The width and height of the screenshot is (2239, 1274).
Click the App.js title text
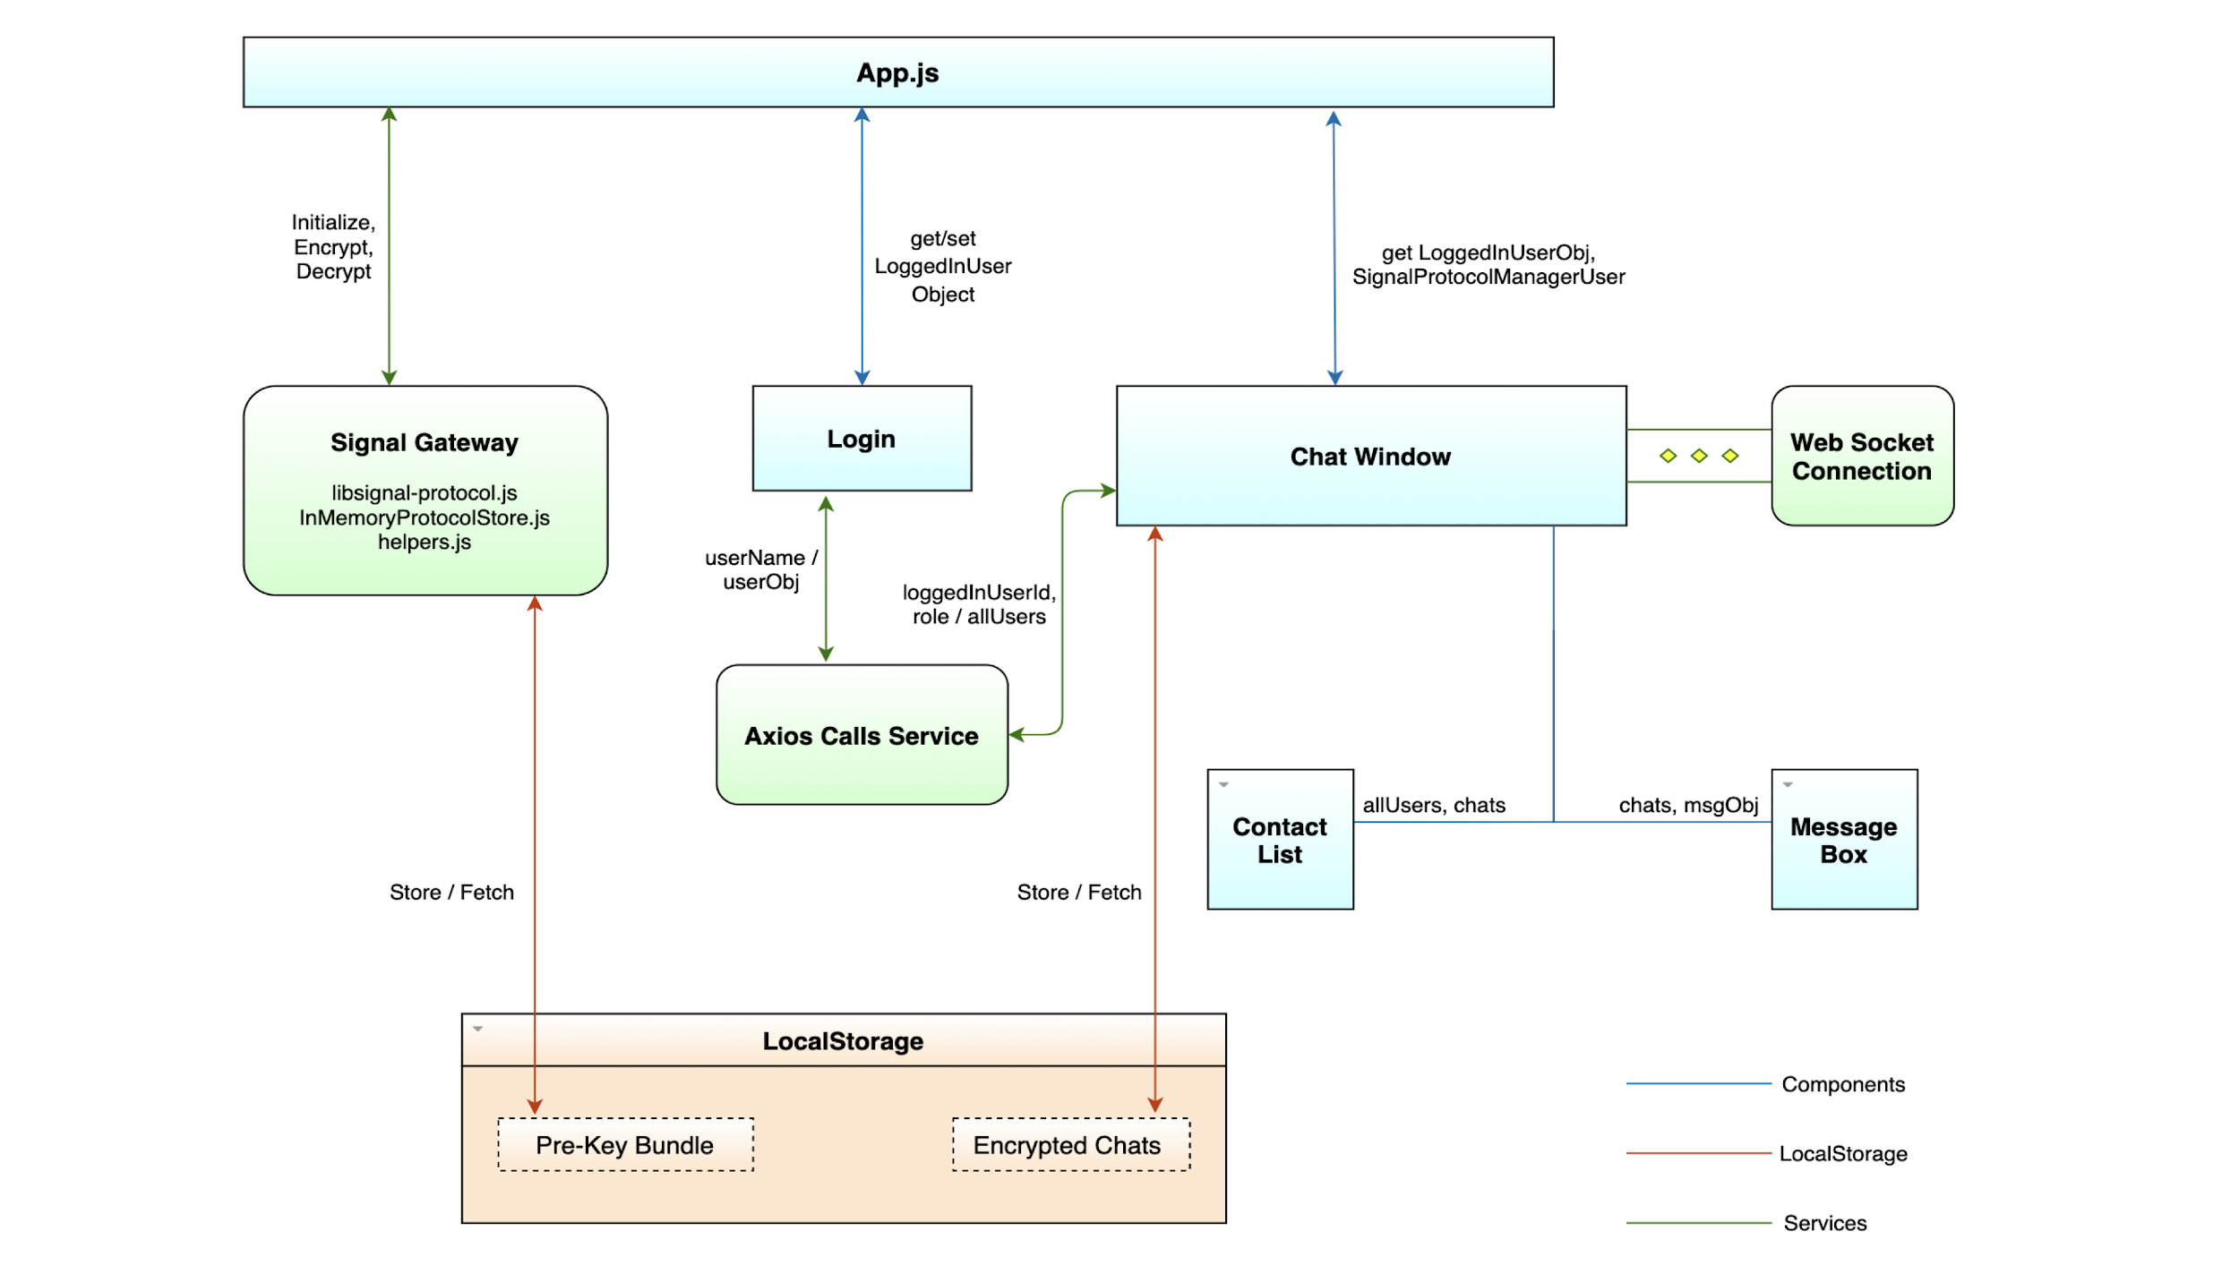pos(896,73)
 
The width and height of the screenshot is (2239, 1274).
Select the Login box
pos(861,438)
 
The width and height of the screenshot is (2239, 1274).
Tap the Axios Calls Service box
pos(861,735)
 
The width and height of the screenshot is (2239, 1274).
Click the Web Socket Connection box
pos(1861,456)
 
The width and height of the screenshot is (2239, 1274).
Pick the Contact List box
pos(1279,839)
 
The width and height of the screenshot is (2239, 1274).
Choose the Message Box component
pos(1843,839)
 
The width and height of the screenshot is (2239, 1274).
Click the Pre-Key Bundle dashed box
pos(624,1144)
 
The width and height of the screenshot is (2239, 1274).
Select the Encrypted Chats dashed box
pos(1070,1144)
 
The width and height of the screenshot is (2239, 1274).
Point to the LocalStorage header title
pos(842,1040)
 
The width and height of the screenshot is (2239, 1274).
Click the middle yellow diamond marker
pos(1698,456)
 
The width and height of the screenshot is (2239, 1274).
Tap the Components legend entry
pos(1842,1083)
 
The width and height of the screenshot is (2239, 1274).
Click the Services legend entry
pos(1824,1222)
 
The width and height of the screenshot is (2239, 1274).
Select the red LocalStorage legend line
pos(1697,1152)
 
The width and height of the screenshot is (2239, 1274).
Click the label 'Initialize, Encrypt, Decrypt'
pos(333,246)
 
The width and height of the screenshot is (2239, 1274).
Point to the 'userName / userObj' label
pos(760,569)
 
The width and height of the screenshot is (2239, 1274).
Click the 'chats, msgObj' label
pos(1687,804)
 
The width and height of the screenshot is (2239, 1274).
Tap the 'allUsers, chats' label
pos(1433,804)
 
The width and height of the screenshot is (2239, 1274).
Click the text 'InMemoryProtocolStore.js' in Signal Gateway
pos(424,517)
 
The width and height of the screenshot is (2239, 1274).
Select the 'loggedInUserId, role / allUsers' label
pos(978,603)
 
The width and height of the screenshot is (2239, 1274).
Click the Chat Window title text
pos(1369,456)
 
